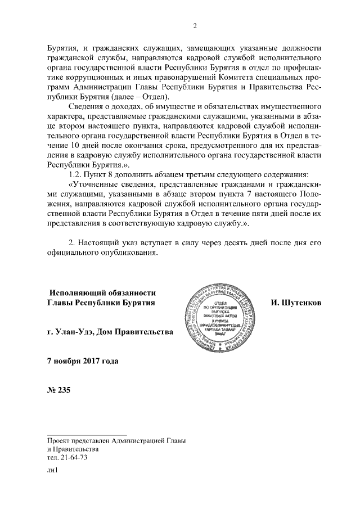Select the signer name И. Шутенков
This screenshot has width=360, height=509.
(x=296, y=303)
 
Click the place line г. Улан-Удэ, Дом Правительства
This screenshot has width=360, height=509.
(x=110, y=331)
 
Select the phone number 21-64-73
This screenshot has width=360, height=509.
(x=74, y=458)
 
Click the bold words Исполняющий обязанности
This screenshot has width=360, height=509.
(x=103, y=292)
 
